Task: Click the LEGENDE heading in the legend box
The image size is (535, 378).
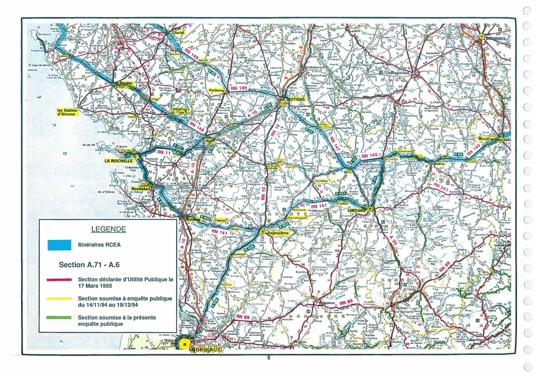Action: [x=108, y=230]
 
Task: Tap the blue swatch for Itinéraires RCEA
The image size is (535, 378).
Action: [x=59, y=244]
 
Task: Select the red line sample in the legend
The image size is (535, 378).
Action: [x=59, y=279]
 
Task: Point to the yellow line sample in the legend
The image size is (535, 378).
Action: [x=59, y=298]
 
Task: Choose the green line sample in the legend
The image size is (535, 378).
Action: [x=59, y=317]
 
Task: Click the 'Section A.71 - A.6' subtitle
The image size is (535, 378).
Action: [x=89, y=265]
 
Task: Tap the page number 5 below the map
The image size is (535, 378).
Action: [x=268, y=357]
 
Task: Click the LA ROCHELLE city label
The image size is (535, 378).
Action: [x=119, y=160]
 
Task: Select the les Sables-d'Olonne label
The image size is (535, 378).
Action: [x=67, y=112]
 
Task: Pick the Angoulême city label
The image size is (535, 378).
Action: [x=279, y=233]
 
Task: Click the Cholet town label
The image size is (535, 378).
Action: [x=178, y=33]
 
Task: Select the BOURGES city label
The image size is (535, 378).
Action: [x=496, y=38]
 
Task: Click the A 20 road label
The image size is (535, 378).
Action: [x=392, y=243]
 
